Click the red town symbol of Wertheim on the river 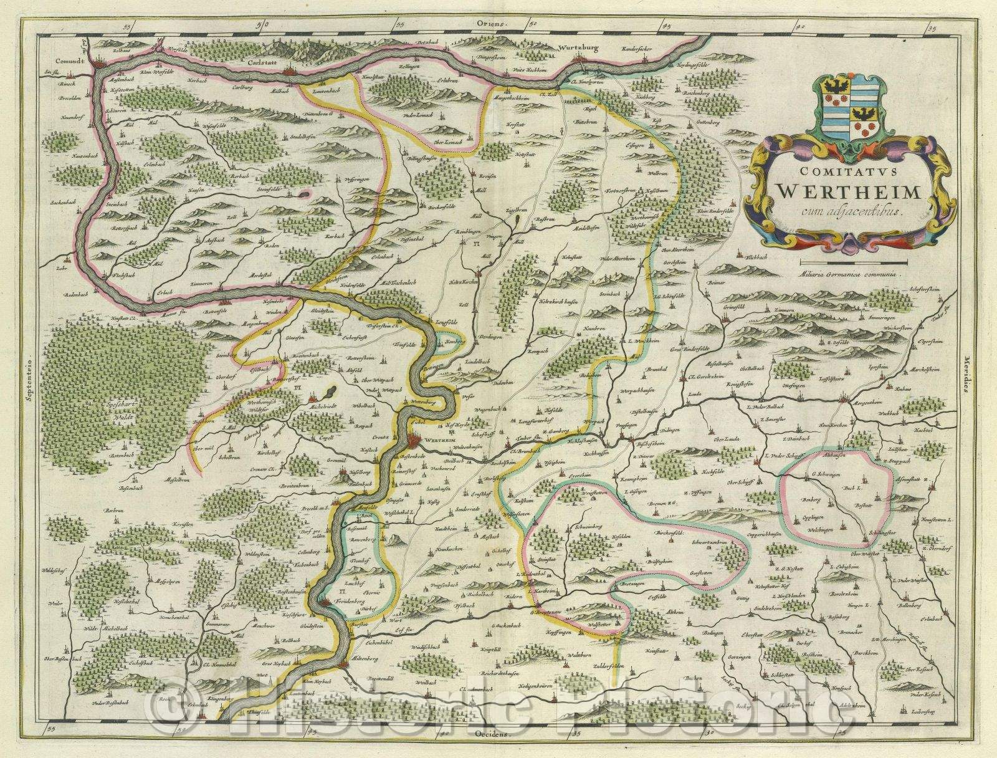(x=416, y=441)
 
